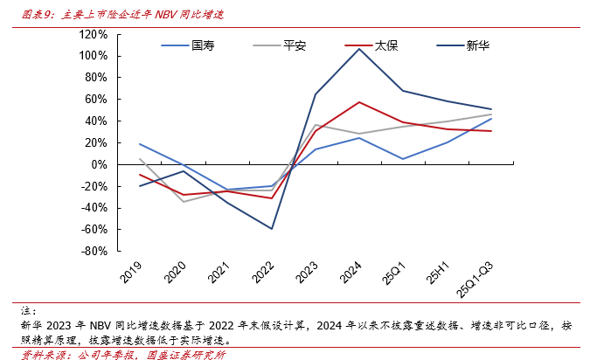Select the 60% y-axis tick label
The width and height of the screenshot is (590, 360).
coord(94,99)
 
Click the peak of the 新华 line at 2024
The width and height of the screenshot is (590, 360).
coord(359,48)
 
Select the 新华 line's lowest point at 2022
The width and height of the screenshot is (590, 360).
coord(271,229)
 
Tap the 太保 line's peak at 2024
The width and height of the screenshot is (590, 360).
coord(359,102)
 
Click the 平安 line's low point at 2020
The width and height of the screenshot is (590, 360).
coord(184,202)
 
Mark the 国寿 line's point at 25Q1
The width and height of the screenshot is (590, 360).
coord(403,159)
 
